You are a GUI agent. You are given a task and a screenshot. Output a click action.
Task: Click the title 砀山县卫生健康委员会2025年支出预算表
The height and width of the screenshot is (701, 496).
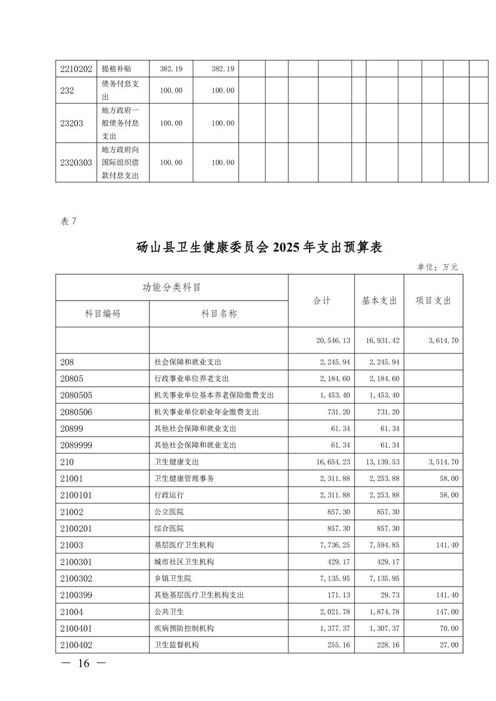(259, 247)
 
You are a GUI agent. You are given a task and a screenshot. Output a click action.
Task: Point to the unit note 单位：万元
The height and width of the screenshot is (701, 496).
(438, 267)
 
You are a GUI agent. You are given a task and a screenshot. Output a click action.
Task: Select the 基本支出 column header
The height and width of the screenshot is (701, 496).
(379, 301)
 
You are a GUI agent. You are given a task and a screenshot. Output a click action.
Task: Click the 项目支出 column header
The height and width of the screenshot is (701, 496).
(433, 301)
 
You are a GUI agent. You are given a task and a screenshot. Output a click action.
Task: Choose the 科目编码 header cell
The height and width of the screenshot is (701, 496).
(103, 314)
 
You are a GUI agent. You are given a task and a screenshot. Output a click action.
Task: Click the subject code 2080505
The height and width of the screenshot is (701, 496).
(77, 395)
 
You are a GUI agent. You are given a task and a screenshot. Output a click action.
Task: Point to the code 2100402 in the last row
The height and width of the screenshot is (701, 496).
(77, 644)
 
